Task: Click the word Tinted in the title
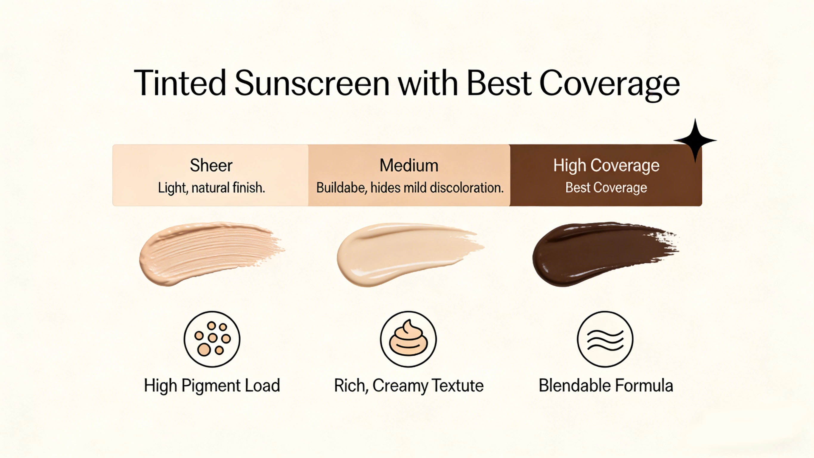tap(180, 83)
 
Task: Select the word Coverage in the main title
tap(609, 84)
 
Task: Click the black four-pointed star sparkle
tap(695, 140)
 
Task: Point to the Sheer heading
tap(211, 165)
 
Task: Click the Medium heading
tap(409, 165)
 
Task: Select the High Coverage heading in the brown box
tap(606, 165)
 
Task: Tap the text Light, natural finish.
tap(211, 188)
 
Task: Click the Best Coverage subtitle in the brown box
tap(606, 188)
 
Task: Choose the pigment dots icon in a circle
tap(212, 339)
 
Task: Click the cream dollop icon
tap(408, 339)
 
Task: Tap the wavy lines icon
tap(605, 339)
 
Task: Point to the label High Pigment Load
tap(212, 385)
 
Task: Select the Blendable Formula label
tap(606, 385)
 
